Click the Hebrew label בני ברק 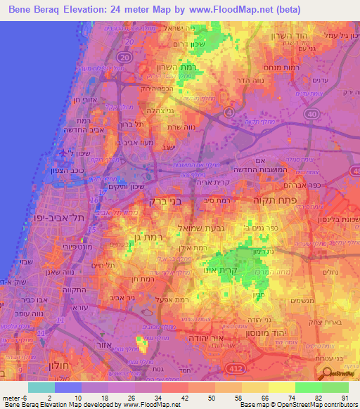tap(165, 200)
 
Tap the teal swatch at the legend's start tap(41, 387)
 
